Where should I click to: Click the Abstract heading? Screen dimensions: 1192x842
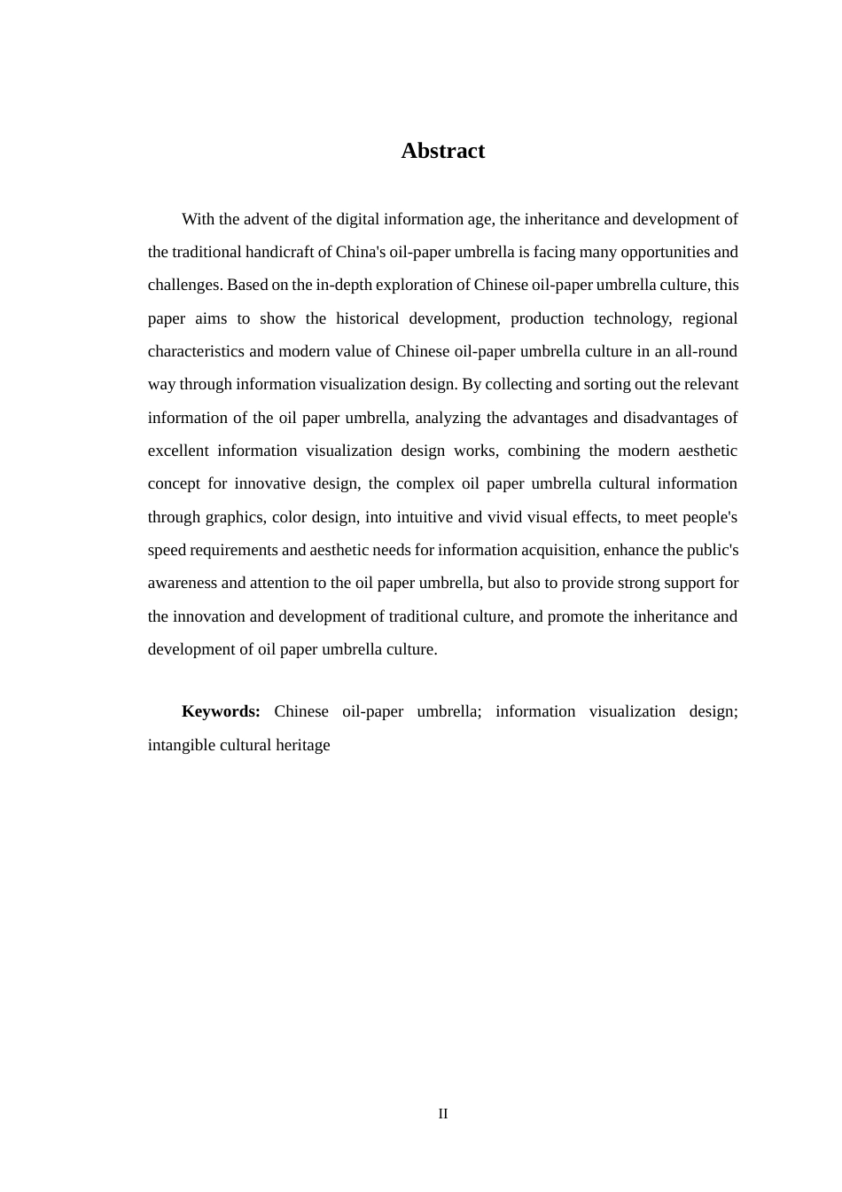(442, 151)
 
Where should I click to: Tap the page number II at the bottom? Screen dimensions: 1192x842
(442, 1114)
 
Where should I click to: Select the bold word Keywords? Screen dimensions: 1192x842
(221, 711)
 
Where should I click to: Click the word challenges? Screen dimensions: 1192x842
(183, 285)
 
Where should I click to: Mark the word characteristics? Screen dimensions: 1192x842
(196, 351)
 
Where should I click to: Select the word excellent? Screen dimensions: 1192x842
(178, 451)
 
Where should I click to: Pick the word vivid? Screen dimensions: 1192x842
(549, 517)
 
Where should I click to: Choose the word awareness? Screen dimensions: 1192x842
(183, 583)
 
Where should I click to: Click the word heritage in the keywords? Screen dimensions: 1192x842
(304, 745)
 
